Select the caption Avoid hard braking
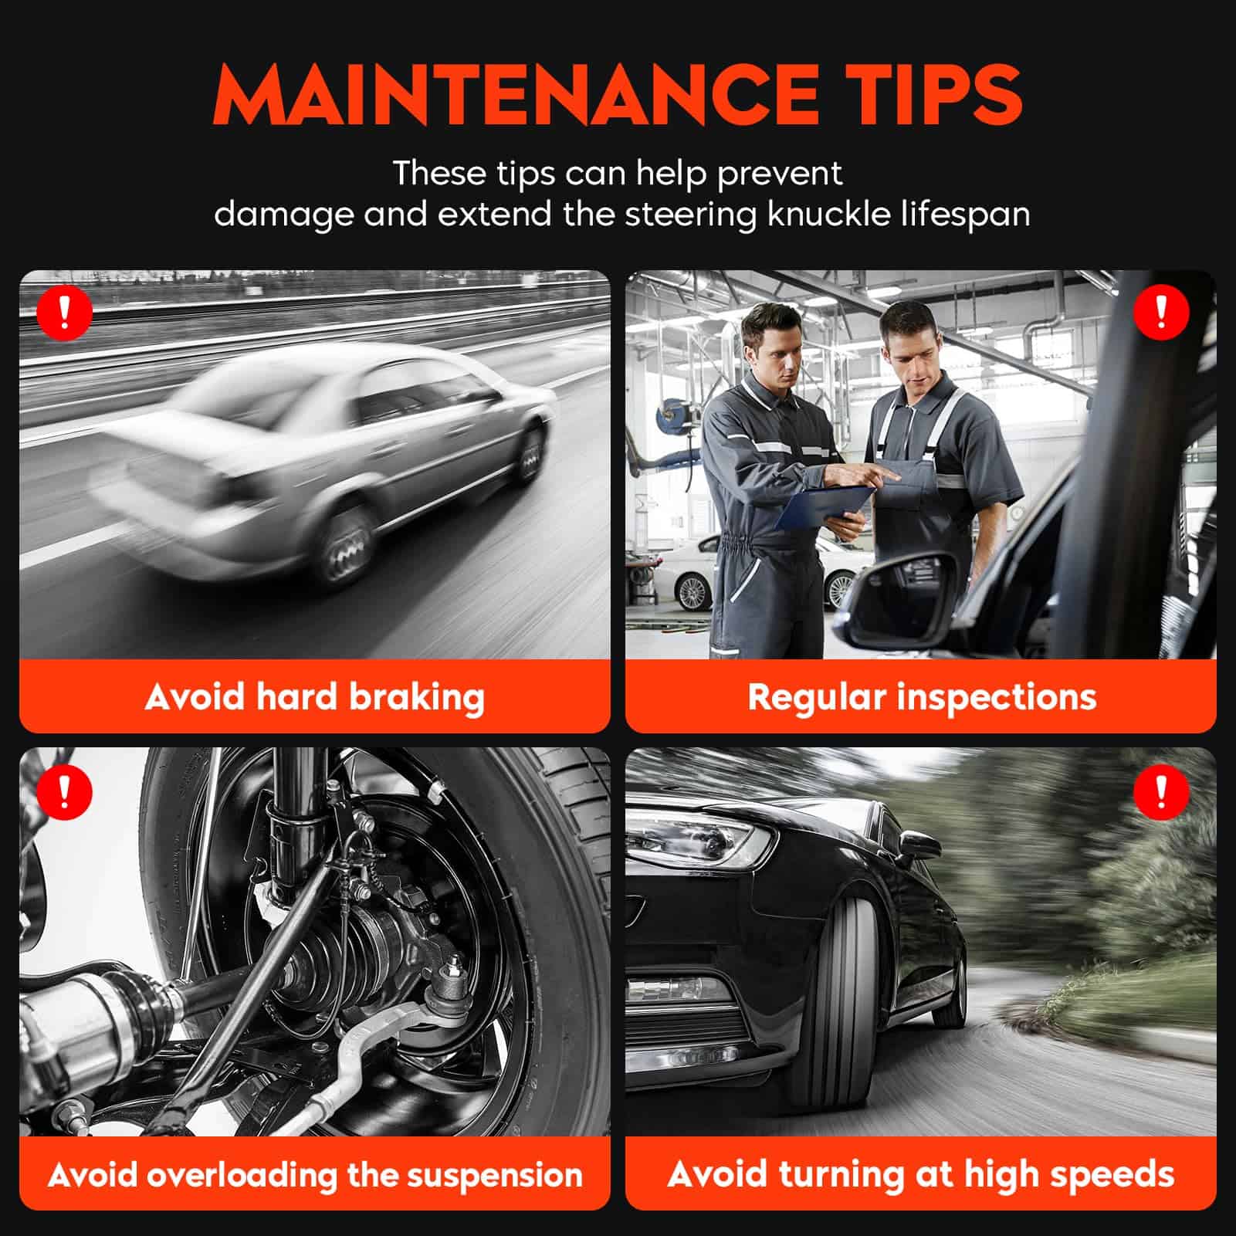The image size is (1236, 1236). (x=314, y=697)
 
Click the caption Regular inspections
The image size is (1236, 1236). (x=922, y=697)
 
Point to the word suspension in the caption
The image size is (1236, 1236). (x=494, y=1175)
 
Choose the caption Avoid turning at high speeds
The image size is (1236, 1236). (x=921, y=1175)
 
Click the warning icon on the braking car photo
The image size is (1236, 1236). (x=65, y=312)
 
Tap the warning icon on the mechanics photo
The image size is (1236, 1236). (x=1161, y=312)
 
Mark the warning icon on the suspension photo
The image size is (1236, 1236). (x=65, y=791)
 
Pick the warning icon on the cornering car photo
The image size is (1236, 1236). (x=1161, y=791)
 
